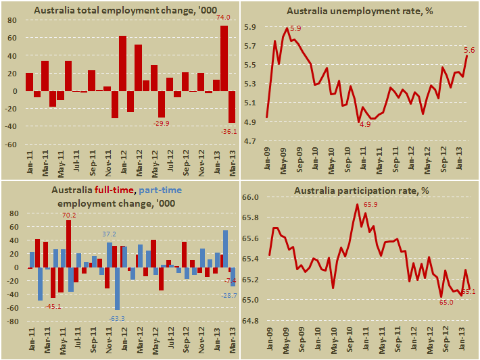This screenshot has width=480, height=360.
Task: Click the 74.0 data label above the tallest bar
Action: [x=224, y=18]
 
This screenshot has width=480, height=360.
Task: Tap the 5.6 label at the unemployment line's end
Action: [x=469, y=49]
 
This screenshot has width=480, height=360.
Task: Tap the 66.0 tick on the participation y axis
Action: [x=252, y=197]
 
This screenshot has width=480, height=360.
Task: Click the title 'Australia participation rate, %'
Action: [x=361, y=190]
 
